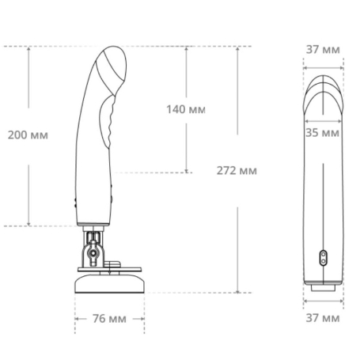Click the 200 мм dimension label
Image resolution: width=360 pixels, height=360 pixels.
coord(28,135)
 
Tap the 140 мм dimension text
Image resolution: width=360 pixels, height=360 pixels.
coord(186,109)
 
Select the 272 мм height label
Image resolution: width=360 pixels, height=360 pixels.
coord(237,171)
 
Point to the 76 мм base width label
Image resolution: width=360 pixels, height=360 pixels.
coord(109,319)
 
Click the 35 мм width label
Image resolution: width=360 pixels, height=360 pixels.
coord(322,133)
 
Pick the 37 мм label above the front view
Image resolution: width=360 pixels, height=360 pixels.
coord(323,50)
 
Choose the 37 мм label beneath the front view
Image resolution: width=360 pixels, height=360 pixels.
coord(323,318)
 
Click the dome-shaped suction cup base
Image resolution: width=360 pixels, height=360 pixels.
coord(109,283)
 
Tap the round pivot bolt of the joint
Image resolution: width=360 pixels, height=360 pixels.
coord(93,253)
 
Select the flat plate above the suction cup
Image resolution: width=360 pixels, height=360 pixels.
coord(109,270)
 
